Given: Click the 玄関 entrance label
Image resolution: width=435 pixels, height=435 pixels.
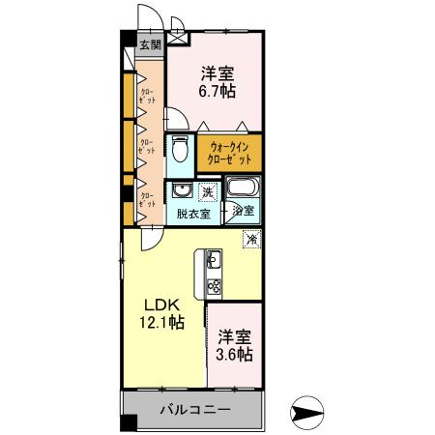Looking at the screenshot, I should (x=149, y=43).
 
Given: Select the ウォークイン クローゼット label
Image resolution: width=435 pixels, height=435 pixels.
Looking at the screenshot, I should (x=230, y=152).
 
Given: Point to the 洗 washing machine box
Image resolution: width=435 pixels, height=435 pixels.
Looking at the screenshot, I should (x=208, y=192).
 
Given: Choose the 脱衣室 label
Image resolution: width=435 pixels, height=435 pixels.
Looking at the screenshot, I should (x=191, y=213).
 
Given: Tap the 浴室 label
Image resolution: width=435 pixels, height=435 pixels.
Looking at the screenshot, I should (x=244, y=211).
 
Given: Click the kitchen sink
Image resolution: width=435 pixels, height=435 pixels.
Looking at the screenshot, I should (x=213, y=260).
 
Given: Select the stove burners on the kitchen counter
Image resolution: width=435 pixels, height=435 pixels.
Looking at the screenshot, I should (x=213, y=286).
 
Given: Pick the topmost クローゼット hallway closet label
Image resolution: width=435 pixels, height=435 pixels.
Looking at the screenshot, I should (x=148, y=96).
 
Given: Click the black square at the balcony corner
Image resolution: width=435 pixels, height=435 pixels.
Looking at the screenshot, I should (x=126, y=424).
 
